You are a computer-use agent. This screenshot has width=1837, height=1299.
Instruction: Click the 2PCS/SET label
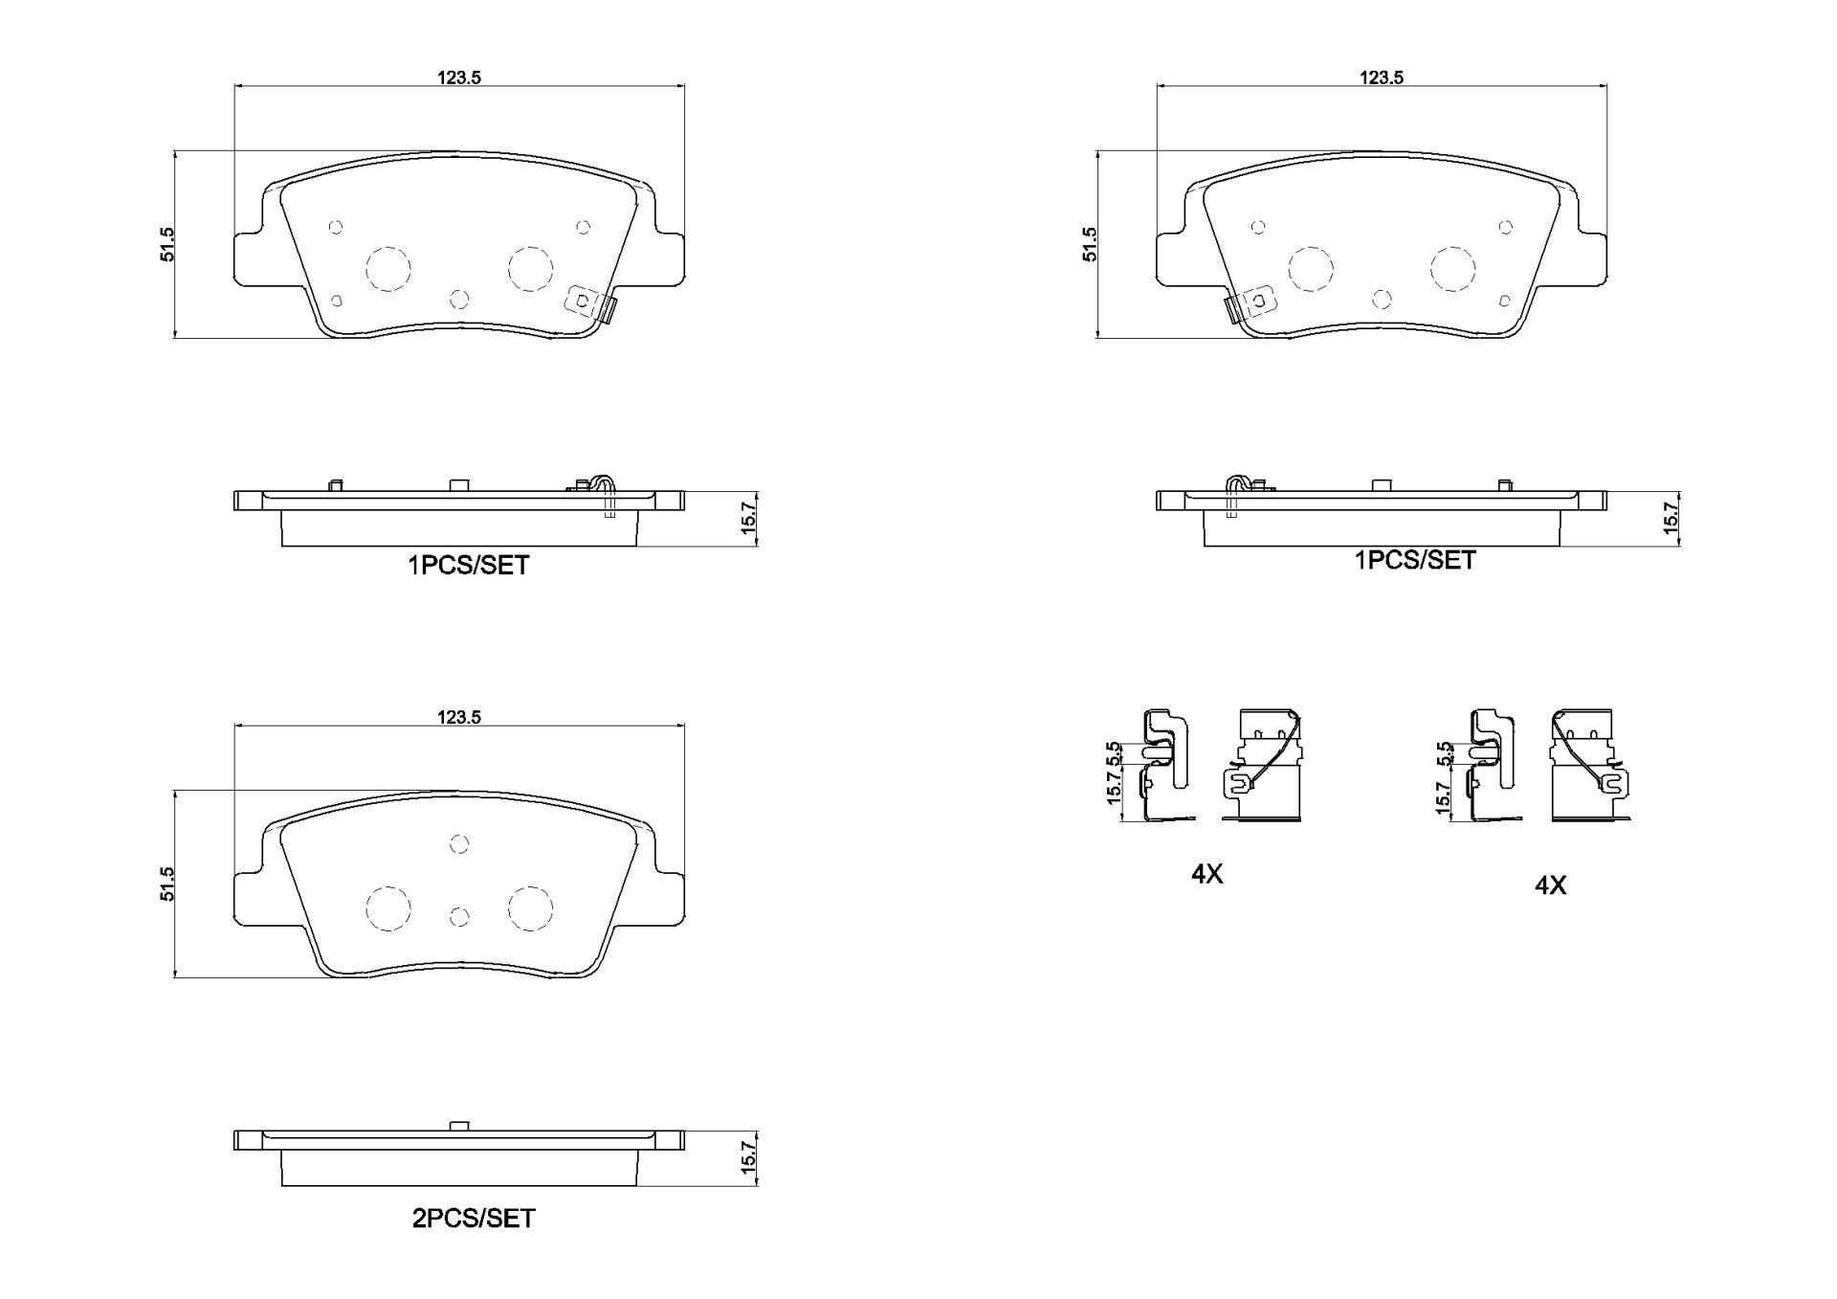click(x=473, y=1219)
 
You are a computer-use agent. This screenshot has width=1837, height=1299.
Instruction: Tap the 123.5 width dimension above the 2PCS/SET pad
click(x=459, y=717)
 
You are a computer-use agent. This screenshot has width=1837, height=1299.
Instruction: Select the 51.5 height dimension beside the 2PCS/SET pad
click(x=168, y=884)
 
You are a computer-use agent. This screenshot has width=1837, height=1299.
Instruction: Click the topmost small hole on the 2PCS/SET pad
click(x=459, y=843)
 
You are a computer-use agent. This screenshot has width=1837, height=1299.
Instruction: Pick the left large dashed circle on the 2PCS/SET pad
click(x=389, y=908)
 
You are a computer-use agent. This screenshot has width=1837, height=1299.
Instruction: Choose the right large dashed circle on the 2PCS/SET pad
click(x=530, y=908)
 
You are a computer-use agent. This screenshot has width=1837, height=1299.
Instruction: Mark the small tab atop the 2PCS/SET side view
click(x=459, y=1125)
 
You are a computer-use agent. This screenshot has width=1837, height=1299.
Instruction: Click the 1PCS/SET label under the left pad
click(x=469, y=566)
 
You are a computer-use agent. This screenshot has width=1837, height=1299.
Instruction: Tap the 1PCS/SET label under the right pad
click(x=1415, y=560)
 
